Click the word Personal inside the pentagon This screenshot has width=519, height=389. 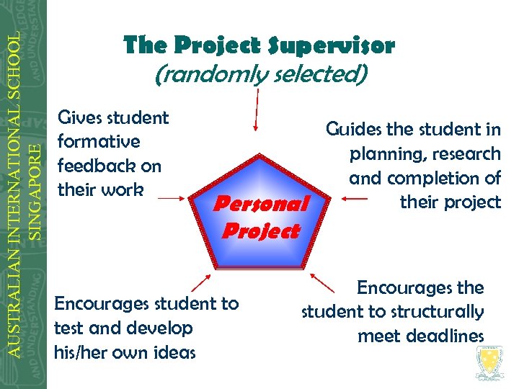coord(262,204)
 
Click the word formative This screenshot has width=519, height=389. coord(98,141)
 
